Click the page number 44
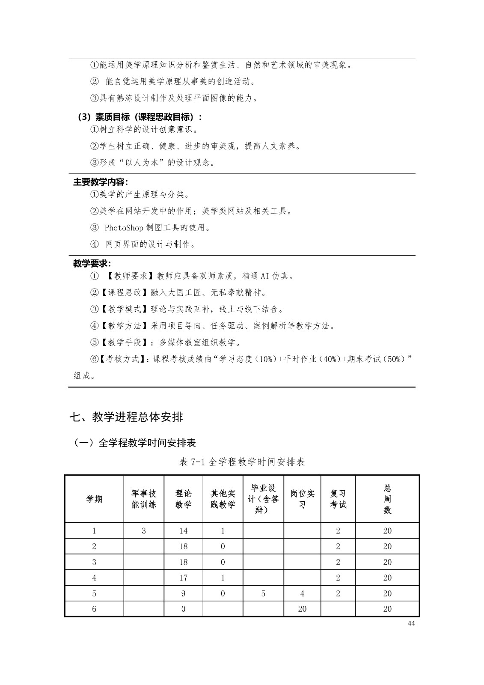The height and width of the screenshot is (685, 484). pos(411,623)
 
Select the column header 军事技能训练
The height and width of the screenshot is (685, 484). pos(144,499)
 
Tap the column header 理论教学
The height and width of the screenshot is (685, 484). pos(183,499)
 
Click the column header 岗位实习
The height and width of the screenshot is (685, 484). pos(302,499)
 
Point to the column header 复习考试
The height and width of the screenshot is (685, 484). pos(338,499)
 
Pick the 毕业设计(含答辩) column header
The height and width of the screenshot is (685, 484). pos(263,499)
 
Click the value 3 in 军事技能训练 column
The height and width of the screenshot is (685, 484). pos(144,531)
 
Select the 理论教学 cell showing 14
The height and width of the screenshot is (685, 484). pos(183,531)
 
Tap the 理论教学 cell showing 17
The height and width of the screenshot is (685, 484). pos(183,578)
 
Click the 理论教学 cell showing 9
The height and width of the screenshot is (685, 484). pos(183,593)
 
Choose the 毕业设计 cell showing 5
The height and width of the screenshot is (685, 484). pos(263,593)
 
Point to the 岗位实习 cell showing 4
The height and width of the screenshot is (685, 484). pos(302,593)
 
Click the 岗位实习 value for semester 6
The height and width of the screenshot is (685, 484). pos(302,609)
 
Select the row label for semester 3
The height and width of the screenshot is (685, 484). pos(94,562)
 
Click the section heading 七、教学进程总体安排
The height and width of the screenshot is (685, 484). pos(127,417)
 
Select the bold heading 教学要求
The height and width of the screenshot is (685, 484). pos(92,264)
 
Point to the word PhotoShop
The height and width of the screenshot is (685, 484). pos(121,228)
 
